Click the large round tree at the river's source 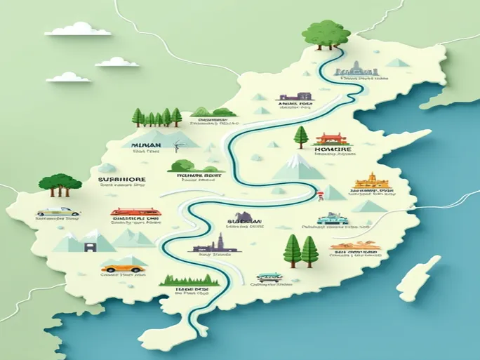326,32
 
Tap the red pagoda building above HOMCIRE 328,138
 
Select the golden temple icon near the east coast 372,181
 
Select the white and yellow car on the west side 58,211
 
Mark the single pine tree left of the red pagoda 301,136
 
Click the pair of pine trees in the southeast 301,250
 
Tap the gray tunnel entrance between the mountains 90,246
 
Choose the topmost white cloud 78,29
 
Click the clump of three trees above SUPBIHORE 60,183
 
